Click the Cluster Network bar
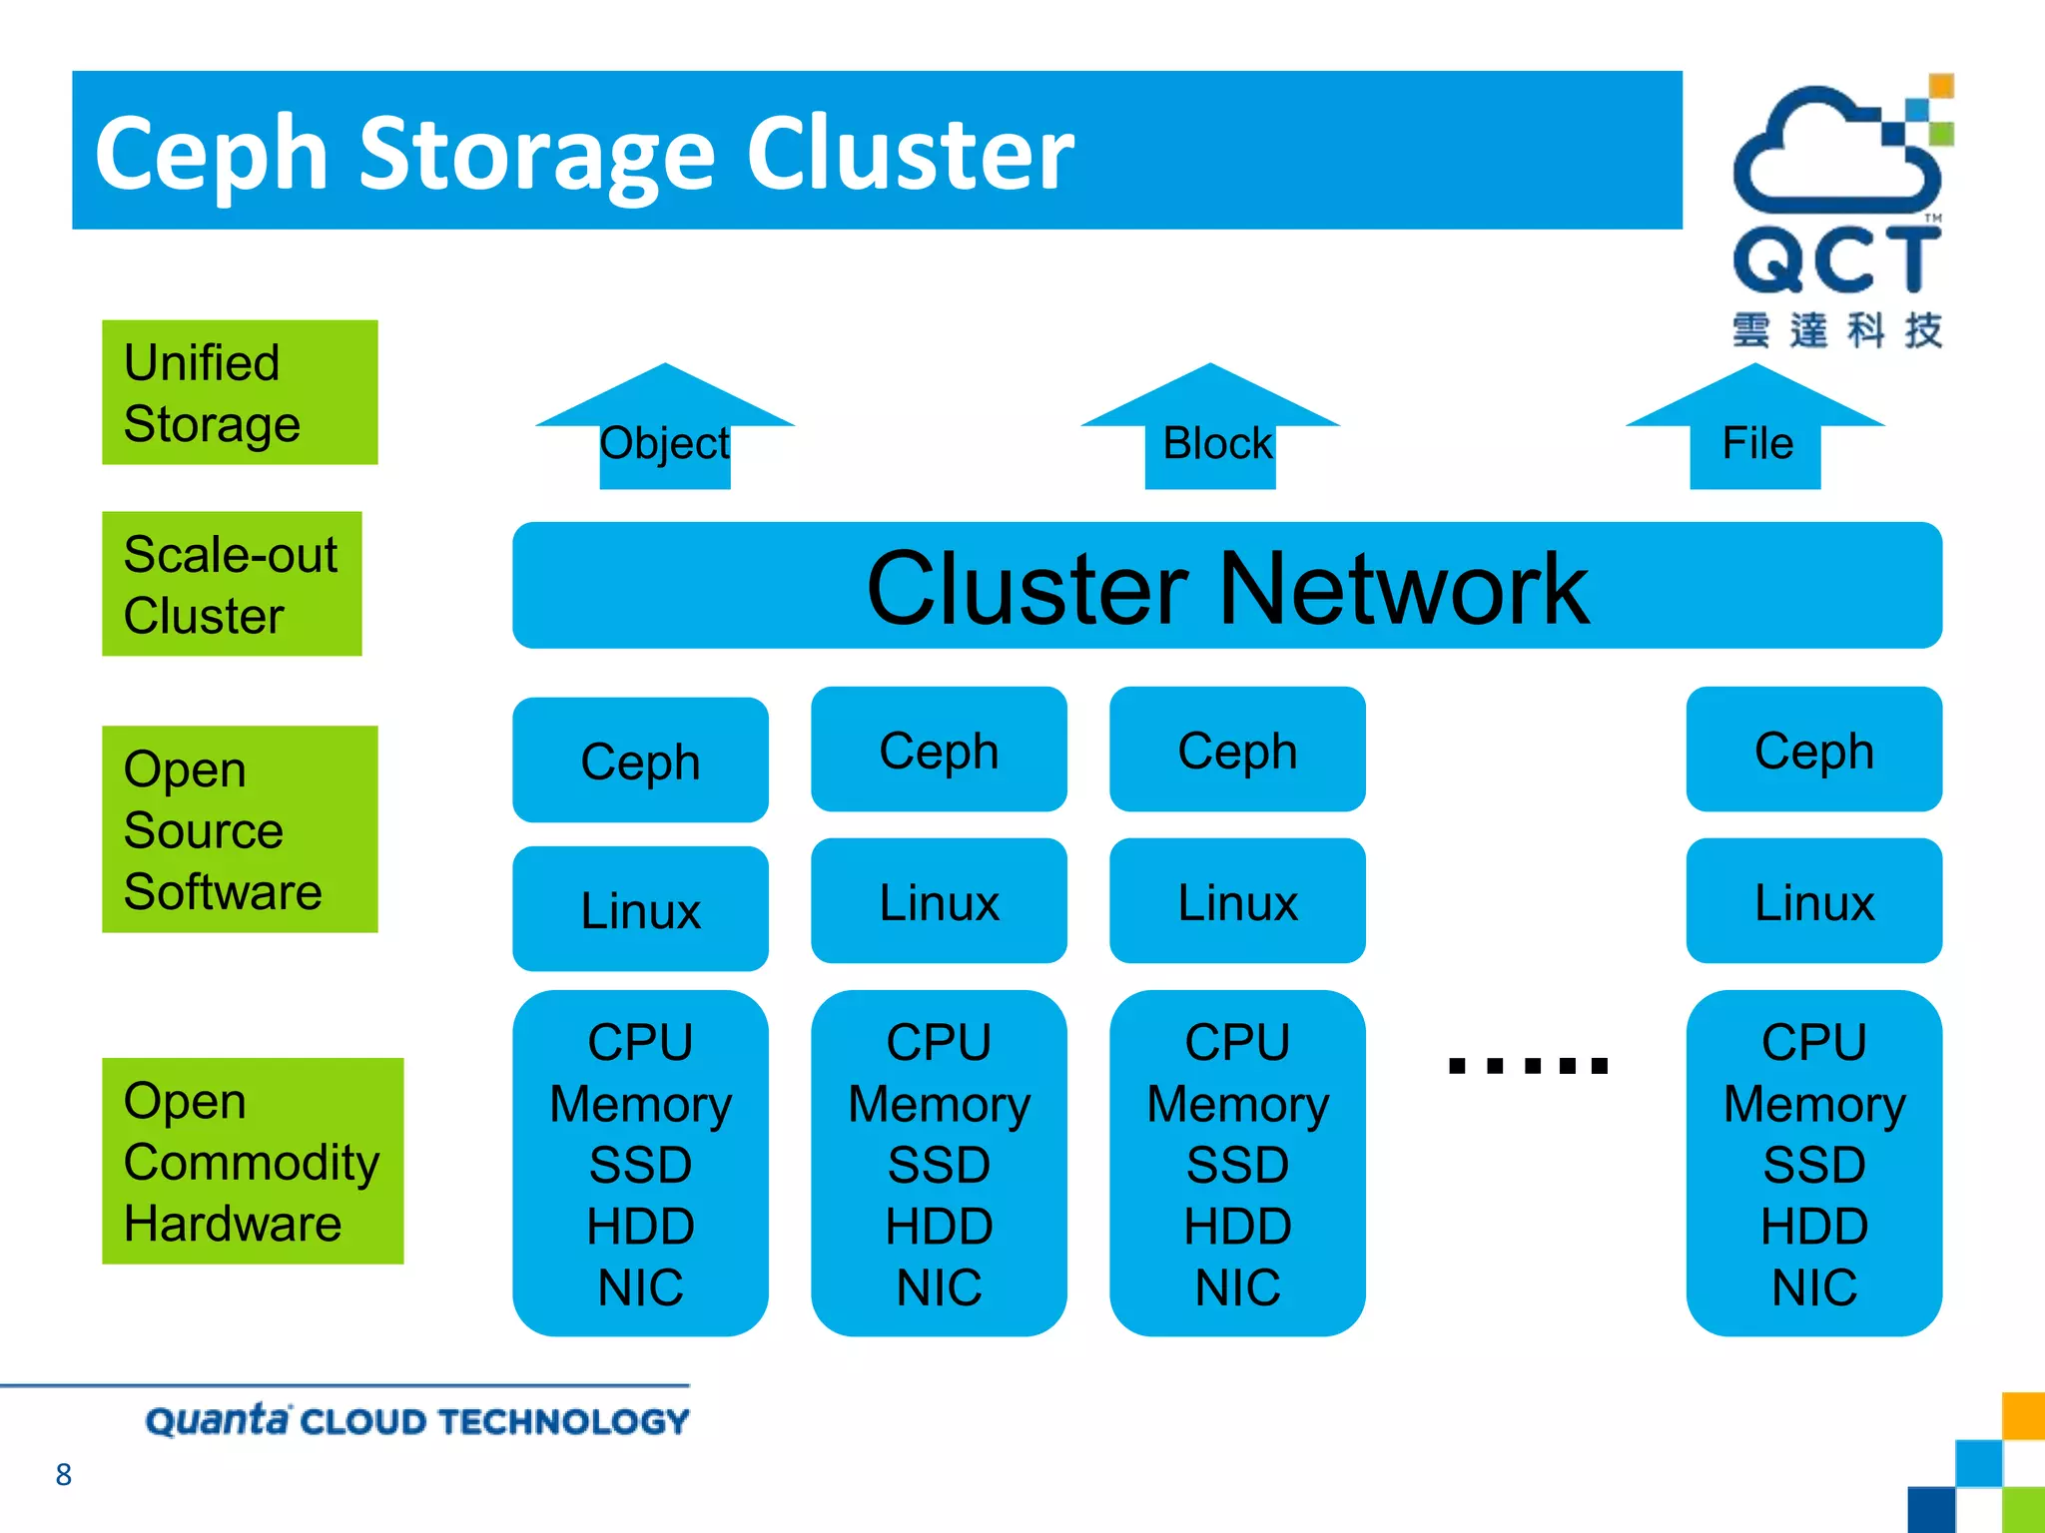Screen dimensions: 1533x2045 click(x=1227, y=586)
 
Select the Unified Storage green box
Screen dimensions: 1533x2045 click(x=240, y=392)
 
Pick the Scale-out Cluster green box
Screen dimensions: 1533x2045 click(x=232, y=584)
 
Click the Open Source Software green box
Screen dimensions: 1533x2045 click(x=240, y=829)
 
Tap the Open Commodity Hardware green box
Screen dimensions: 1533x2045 click(x=253, y=1161)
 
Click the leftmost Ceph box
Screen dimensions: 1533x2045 click(x=640, y=761)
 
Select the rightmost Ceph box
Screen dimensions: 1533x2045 click(x=1813, y=750)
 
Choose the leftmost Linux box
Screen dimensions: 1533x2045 click(x=640, y=909)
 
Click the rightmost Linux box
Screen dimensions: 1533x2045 click(x=1813, y=901)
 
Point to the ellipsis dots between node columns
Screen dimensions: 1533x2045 click(x=1528, y=1066)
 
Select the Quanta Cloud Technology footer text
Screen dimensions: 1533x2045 click(x=417, y=1420)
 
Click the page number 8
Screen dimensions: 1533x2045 click(x=64, y=1474)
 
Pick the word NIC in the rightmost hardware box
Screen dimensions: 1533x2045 click(x=1813, y=1287)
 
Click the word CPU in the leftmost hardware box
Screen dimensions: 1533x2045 click(x=640, y=1043)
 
